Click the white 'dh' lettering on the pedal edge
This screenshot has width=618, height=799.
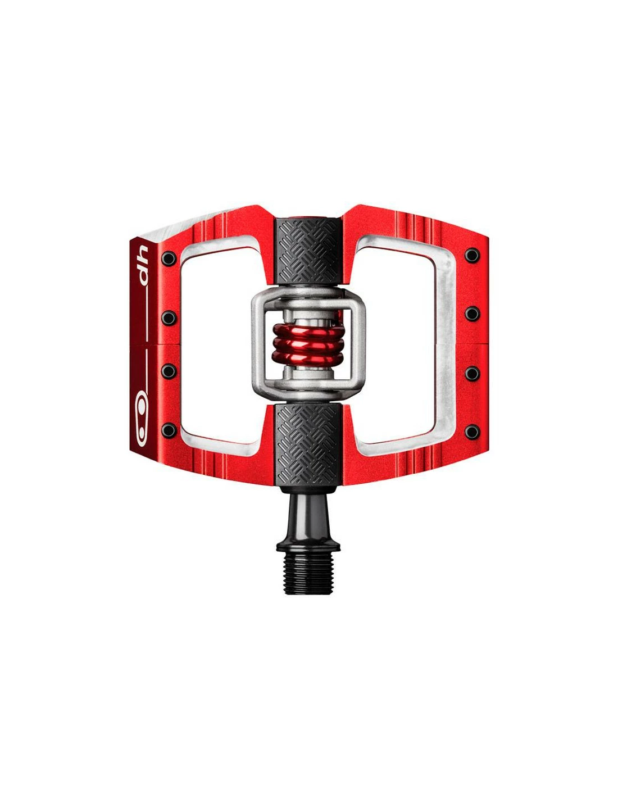pos(141,264)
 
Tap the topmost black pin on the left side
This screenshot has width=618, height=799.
pos(169,259)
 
